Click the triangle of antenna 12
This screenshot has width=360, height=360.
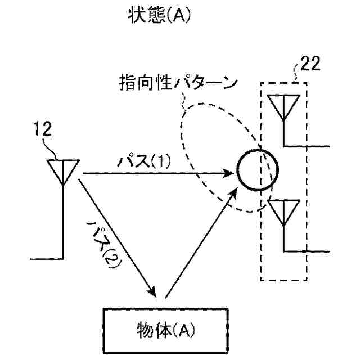[x=62, y=169]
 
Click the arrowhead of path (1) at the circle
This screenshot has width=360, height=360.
[x=231, y=173]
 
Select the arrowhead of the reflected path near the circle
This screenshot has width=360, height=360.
[x=233, y=194]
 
